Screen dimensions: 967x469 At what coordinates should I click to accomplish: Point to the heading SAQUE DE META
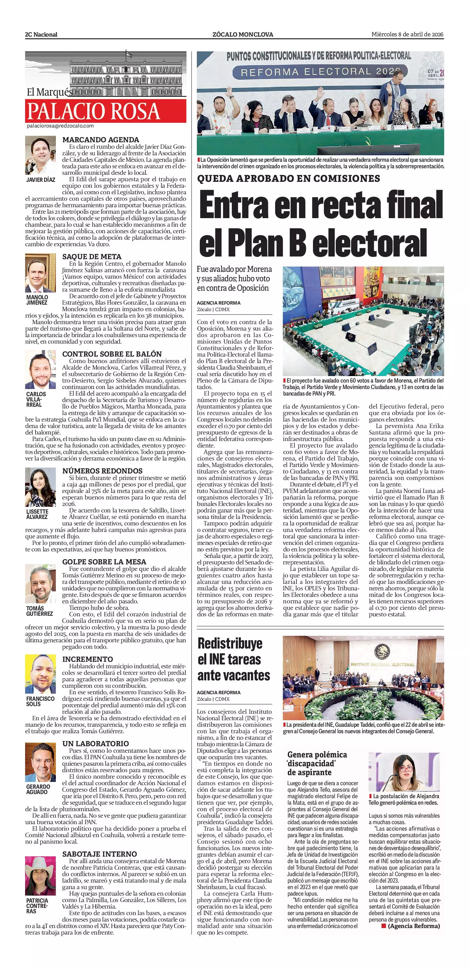[92, 257]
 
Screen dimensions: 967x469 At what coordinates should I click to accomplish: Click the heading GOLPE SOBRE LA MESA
[104, 562]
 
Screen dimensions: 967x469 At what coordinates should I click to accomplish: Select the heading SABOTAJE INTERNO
[99, 854]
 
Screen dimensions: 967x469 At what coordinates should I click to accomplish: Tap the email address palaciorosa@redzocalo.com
[60, 126]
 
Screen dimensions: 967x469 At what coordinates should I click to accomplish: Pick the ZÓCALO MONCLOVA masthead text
[242, 35]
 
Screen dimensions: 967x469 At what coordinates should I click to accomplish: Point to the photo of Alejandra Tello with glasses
[404, 772]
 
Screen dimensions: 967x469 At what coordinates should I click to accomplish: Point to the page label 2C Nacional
[41, 35]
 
